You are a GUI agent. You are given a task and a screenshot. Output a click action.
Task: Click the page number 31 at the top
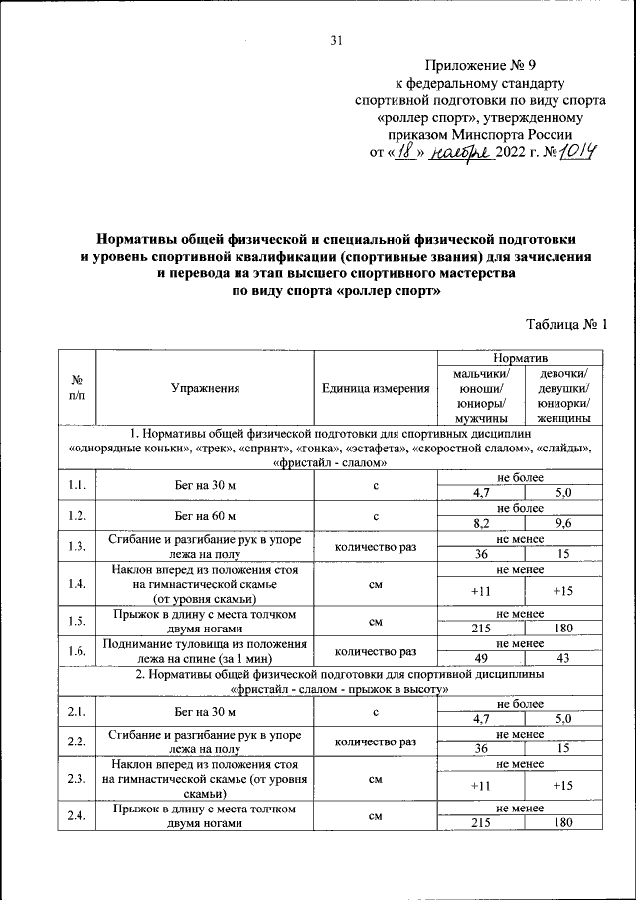[335, 40]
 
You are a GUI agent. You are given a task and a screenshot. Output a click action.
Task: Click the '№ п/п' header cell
[77, 389]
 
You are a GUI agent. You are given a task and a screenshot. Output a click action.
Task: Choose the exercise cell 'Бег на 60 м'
[204, 516]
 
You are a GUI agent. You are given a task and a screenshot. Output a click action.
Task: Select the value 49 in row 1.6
[482, 659]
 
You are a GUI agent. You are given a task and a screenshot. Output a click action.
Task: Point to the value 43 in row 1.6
[562, 659]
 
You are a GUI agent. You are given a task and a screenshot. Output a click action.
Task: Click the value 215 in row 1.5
[482, 629]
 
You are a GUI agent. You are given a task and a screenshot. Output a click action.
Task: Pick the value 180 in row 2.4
[562, 823]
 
